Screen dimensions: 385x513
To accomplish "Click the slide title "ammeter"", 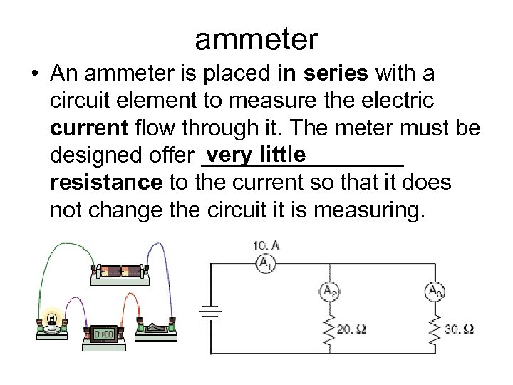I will [x=256, y=39].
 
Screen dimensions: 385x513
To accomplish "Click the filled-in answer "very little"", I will [x=254, y=153].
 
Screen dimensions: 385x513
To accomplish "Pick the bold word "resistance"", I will [x=107, y=183].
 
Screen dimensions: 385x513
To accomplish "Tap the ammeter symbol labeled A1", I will [x=265, y=264].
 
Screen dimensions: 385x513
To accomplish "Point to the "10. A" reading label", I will [x=266, y=245].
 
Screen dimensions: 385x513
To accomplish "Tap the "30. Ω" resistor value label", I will [x=460, y=329].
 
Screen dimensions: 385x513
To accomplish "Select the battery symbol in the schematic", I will [x=208, y=314].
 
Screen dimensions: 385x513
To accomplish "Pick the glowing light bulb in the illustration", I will [x=51, y=319].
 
